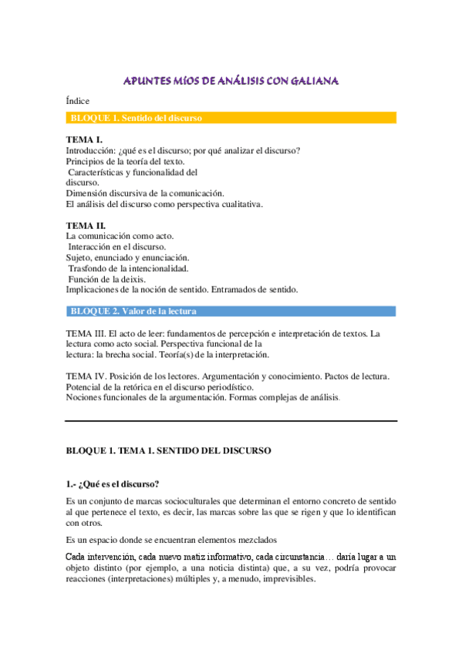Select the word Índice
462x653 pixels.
click(78, 101)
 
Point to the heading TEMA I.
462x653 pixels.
click(84, 139)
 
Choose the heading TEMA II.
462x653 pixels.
click(86, 225)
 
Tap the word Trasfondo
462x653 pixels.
click(89, 268)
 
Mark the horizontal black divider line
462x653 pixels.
click(231, 421)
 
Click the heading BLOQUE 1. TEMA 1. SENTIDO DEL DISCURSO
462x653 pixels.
click(167, 449)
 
